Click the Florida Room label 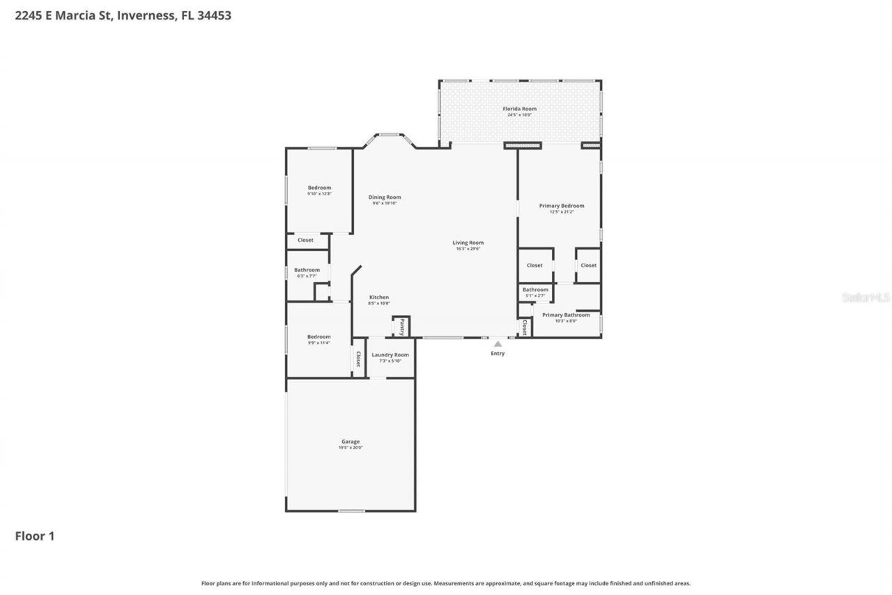(519, 109)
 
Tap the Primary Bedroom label (562, 206)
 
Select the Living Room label (468, 243)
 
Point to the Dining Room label (385, 197)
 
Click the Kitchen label (379, 297)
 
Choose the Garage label (351, 442)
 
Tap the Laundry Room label (390, 355)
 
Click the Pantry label (401, 327)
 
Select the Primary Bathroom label (566, 315)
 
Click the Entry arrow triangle (498, 344)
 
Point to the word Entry (498, 354)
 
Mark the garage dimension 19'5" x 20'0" (351, 448)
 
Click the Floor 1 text (35, 536)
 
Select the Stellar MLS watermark (866, 297)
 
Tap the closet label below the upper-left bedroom (305, 240)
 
